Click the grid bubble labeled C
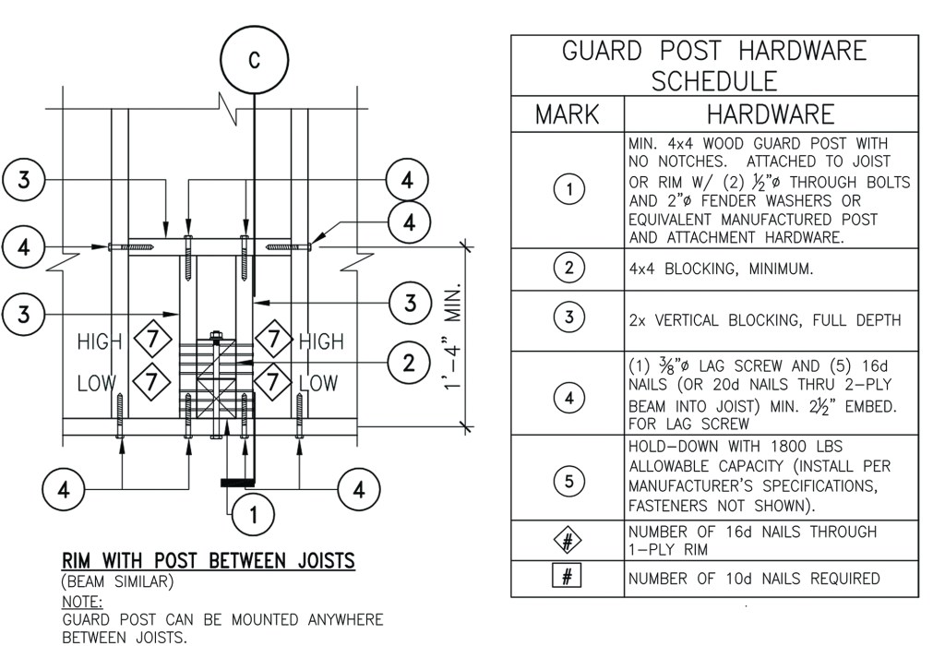254,61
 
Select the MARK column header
568,114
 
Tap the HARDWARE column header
771,114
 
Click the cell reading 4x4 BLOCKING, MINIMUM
701,269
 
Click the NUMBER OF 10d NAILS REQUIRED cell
753,580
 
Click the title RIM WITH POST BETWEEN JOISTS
209,562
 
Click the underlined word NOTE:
82,601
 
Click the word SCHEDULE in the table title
713,81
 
